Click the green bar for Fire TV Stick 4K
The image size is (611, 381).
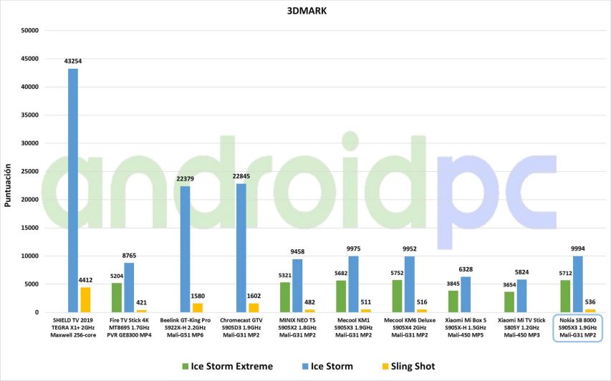pyautogui.click(x=117, y=298)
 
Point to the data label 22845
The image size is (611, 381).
pyautogui.click(x=241, y=178)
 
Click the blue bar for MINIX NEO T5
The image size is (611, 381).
pyautogui.click(x=297, y=286)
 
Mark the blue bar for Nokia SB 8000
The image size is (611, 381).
pyautogui.click(x=578, y=284)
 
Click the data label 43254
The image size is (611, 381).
pyautogui.click(x=73, y=62)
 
